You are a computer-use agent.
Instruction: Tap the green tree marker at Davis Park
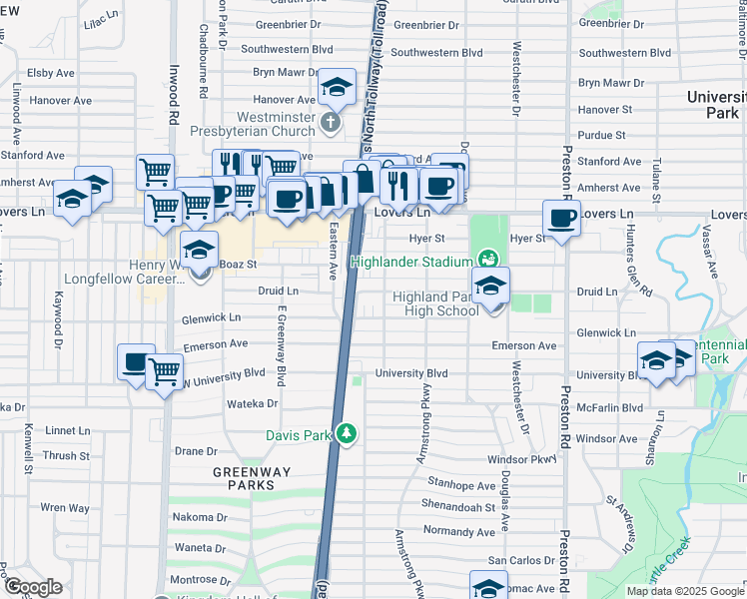(x=347, y=433)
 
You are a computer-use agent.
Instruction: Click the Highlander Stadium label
(x=409, y=263)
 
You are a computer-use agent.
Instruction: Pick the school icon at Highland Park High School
(x=490, y=287)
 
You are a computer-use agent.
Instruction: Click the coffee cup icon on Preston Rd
(x=561, y=218)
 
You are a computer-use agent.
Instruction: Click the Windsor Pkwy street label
(x=520, y=459)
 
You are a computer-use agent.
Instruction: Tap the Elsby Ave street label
(x=52, y=73)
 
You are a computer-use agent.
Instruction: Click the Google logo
(x=33, y=587)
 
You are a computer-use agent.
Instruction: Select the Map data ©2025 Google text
(x=685, y=591)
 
